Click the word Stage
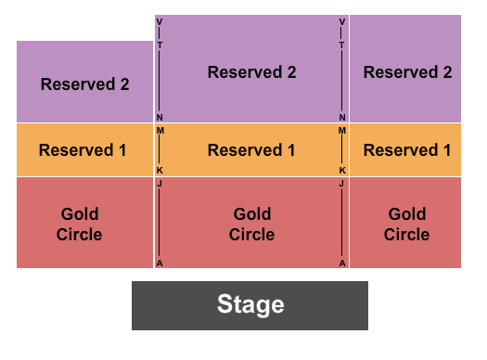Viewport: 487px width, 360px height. pos(250,304)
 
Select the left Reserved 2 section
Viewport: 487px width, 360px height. pos(84,84)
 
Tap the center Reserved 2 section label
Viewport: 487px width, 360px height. pos(251,72)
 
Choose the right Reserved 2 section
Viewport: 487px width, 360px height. pos(406,72)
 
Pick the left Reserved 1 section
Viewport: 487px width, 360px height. pos(83,149)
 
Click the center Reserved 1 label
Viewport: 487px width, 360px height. pos(251,149)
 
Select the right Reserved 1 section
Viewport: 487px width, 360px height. pos(406,149)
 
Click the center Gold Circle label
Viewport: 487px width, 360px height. pos(251,224)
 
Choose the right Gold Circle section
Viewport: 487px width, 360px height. pos(406,224)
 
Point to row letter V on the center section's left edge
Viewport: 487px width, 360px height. pos(160,21)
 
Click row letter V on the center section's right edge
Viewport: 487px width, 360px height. pos(342,21)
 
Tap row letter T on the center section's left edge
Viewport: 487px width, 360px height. pos(160,45)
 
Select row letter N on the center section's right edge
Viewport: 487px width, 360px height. pos(342,118)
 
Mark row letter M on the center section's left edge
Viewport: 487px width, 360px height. pos(160,131)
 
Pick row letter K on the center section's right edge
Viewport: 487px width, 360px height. pos(342,171)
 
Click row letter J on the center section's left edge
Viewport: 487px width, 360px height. pos(160,184)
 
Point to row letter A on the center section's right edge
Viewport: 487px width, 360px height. pos(342,263)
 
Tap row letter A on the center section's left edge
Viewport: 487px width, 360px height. pos(160,263)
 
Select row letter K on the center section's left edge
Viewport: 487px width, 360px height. pos(160,171)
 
